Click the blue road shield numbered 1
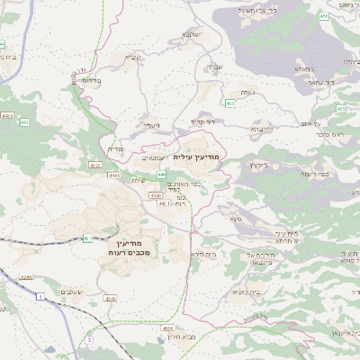(x=40, y=295)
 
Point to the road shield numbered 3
(x=89, y=340)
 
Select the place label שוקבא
(x=189, y=34)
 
